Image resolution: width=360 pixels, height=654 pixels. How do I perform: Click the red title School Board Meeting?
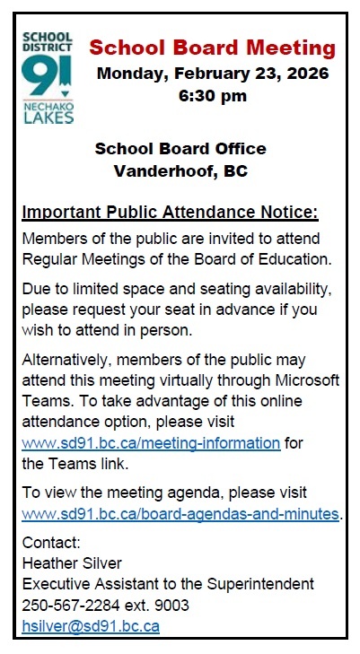point(214,48)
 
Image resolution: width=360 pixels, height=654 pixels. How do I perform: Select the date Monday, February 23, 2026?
point(214,73)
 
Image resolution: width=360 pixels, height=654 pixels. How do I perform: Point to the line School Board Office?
point(180,148)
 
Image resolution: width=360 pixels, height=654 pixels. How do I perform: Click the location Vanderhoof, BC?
point(180,171)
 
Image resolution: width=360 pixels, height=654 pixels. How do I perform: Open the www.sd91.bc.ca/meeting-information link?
point(151,443)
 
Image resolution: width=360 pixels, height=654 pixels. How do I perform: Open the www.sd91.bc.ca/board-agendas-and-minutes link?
point(180,515)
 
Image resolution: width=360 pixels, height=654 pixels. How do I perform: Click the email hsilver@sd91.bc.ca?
point(91,626)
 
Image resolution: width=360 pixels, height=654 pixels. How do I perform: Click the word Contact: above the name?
point(51,543)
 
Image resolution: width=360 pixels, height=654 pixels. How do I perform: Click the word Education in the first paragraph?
point(298,259)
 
